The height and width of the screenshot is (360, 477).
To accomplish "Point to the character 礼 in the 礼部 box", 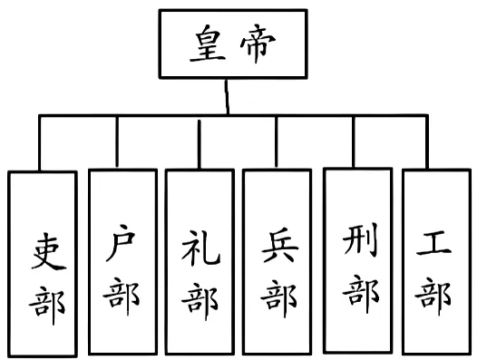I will pyautogui.click(x=198, y=247).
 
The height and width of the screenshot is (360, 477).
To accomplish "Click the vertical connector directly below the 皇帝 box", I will pyautogui.click(x=228, y=96).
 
